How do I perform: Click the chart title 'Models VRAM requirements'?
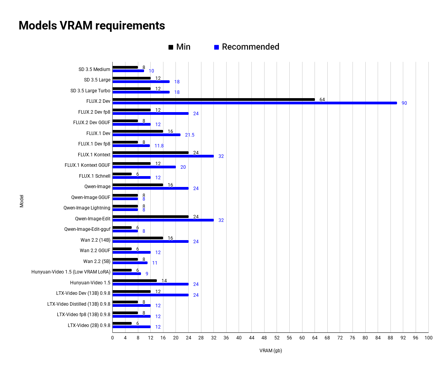92,26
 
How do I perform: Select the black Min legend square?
171,47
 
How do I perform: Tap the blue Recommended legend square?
217,47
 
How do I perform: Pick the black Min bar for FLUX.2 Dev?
213,99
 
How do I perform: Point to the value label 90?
404,103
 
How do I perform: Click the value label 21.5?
190,135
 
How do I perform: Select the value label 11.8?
159,146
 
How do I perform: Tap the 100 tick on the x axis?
428,338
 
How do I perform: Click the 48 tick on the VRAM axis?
264,338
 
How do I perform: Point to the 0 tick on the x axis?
112,338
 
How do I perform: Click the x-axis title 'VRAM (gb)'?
270,351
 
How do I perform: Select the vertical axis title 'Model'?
22,201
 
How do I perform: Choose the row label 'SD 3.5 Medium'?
94,69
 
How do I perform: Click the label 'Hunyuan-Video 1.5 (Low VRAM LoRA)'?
71,272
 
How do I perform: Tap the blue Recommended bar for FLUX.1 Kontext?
163,156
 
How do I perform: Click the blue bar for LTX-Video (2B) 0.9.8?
131,327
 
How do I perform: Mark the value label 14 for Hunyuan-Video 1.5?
164,281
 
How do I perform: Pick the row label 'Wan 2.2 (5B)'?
96,261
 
